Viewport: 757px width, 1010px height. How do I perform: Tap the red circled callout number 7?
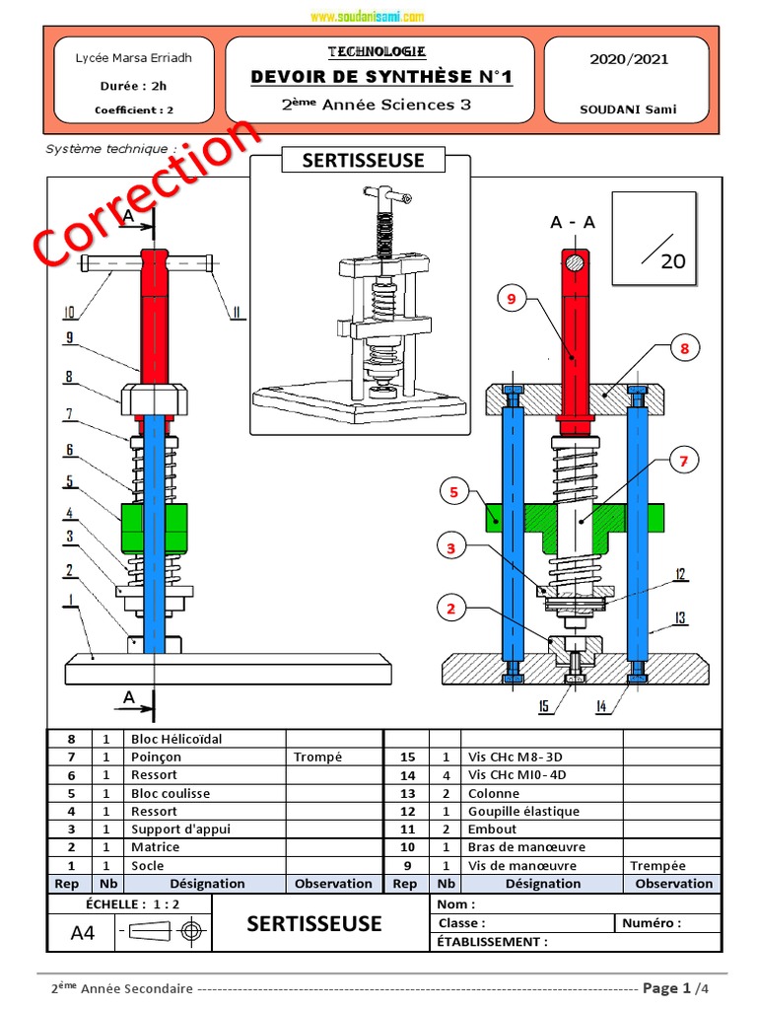pyautogui.click(x=684, y=460)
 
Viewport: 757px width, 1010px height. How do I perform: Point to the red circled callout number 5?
pyautogui.click(x=451, y=490)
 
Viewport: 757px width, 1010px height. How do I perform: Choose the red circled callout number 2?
pyautogui.click(x=451, y=609)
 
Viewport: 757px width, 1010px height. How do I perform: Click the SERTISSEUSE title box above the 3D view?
pyautogui.click(x=363, y=161)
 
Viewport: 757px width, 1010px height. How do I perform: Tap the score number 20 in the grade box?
pyautogui.click(x=673, y=261)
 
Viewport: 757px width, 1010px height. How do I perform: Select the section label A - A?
pyautogui.click(x=573, y=223)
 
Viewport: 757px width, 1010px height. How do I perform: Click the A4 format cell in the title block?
pyautogui.click(x=83, y=932)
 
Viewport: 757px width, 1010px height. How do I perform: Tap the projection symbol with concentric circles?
pyautogui.click(x=191, y=931)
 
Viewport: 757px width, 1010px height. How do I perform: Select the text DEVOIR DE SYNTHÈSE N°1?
pyautogui.click(x=381, y=78)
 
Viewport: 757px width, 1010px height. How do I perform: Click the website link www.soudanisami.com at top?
pyautogui.click(x=367, y=17)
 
